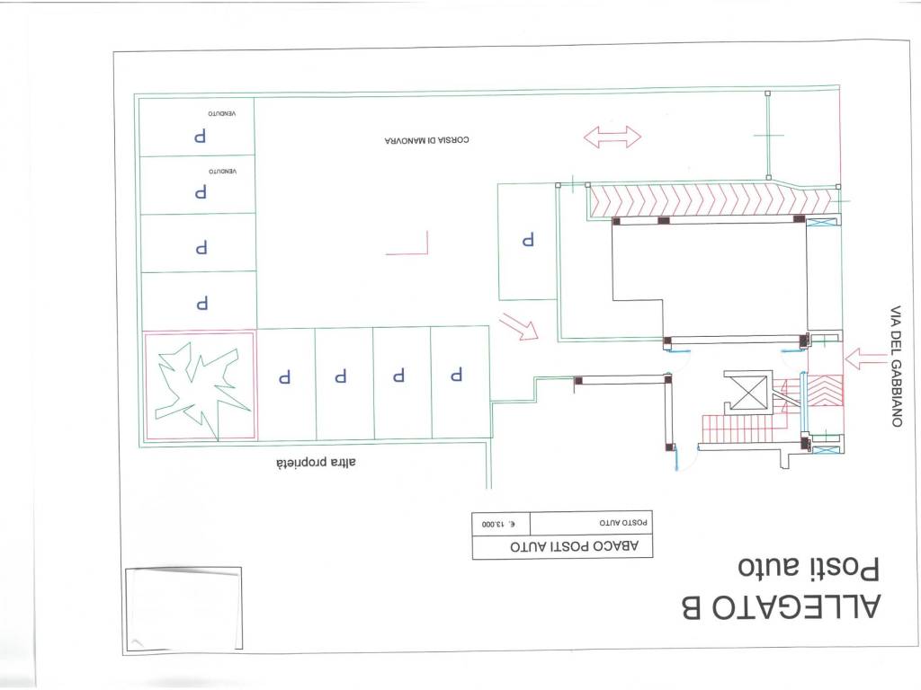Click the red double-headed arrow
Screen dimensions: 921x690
[x=612, y=137]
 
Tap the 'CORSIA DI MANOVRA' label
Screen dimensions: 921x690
[x=426, y=140]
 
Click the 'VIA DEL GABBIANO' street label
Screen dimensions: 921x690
[x=896, y=366]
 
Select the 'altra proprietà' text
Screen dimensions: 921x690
[x=316, y=463]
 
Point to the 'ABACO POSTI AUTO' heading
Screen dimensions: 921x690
[x=574, y=546]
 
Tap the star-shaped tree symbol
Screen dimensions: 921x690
[x=199, y=387]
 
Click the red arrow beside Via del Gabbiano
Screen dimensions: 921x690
[x=865, y=358]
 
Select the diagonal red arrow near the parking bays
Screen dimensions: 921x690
[x=519, y=326]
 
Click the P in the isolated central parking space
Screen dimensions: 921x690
[x=528, y=239]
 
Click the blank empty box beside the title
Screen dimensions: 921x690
[x=183, y=608]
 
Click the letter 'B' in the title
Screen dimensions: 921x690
[x=691, y=608]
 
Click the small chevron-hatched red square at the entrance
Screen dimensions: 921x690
[x=826, y=392]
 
